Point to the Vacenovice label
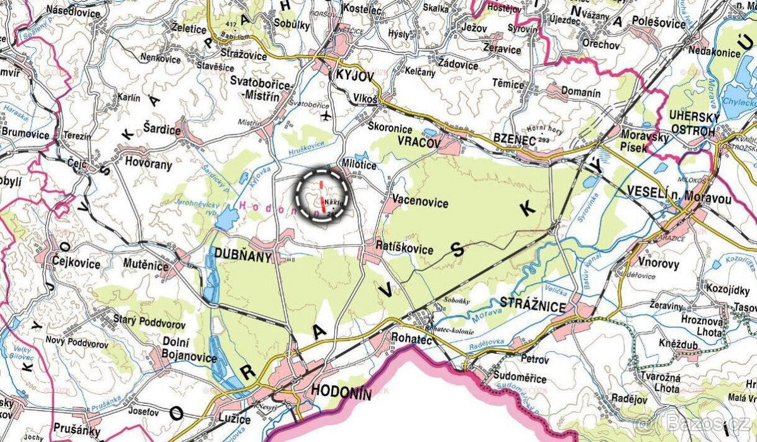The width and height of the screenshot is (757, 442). point(420,203)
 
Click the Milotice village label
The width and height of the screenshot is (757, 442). point(360,165)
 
